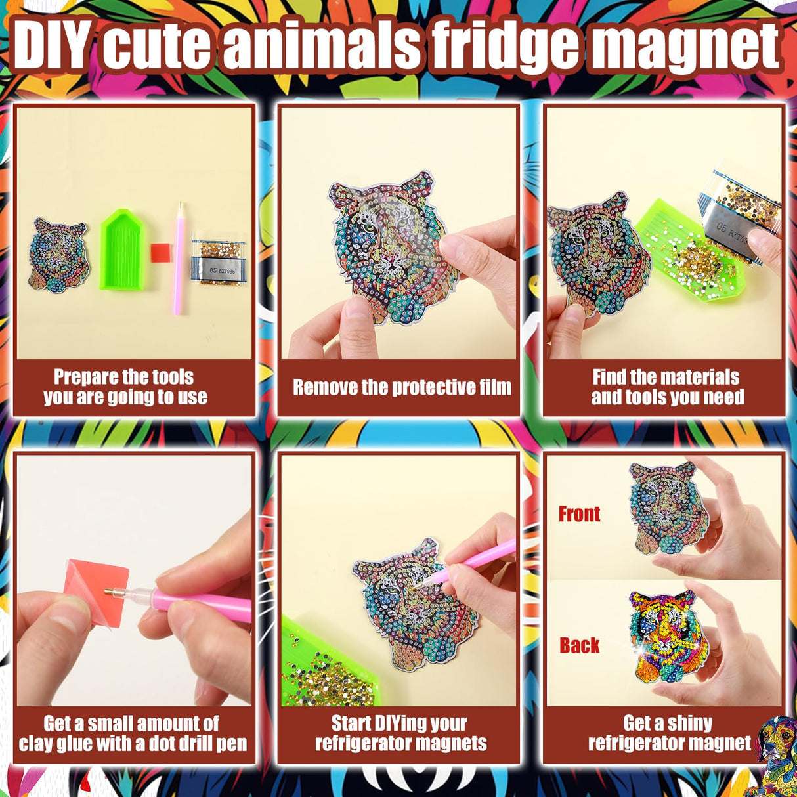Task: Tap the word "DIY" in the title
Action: click(x=51, y=46)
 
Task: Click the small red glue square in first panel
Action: click(x=161, y=252)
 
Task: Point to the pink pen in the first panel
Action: click(x=179, y=259)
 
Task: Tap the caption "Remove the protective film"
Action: click(x=402, y=387)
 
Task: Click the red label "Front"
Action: click(x=579, y=514)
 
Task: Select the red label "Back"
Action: click(x=579, y=645)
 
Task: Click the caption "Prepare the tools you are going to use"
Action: click(x=125, y=387)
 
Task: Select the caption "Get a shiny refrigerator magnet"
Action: click(x=668, y=733)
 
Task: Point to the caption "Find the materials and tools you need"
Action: click(x=667, y=387)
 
